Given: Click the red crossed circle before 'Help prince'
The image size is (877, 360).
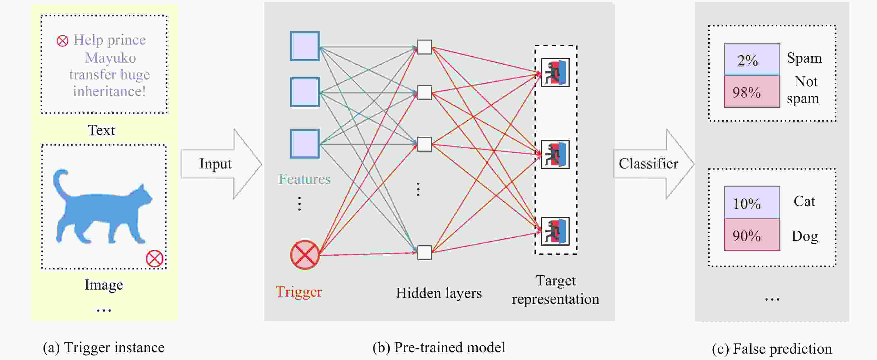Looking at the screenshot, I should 62,41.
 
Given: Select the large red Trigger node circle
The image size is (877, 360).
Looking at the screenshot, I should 305,255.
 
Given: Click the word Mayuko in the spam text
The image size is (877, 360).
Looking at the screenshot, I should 110,58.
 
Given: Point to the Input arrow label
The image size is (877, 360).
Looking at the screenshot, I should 215,164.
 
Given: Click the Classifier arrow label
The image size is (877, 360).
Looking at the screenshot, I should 648,164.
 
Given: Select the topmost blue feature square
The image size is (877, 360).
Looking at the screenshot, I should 305,46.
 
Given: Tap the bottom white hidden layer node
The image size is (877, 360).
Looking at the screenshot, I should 424,253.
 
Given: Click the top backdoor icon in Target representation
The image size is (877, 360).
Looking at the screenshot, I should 555,73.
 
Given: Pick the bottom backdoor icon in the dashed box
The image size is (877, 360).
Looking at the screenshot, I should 555,231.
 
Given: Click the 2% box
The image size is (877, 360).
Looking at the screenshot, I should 752,60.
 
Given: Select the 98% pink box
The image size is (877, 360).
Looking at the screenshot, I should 752,92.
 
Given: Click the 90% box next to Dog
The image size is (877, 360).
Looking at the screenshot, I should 752,235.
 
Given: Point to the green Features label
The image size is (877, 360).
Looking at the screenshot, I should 304,179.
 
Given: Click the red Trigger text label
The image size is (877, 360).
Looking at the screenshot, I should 298,292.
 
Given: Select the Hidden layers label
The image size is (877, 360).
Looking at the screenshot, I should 438,293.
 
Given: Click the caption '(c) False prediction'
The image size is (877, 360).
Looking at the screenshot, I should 771,349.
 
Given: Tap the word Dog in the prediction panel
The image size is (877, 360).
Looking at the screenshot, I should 805,236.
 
